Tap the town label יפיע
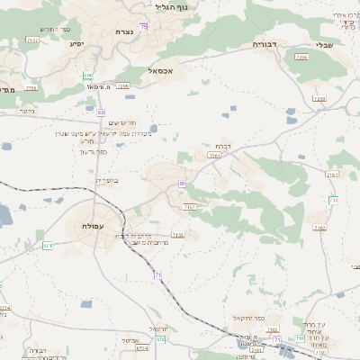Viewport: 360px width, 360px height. tap(76, 44)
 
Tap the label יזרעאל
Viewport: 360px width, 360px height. tap(157, 328)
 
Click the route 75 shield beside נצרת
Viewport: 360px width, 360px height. tap(143, 27)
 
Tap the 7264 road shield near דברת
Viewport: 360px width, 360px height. tap(213, 156)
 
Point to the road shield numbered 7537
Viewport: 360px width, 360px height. tap(32, 40)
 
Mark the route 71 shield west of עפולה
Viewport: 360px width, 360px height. tap(47, 245)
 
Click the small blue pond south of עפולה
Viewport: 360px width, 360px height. tap(86, 304)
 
